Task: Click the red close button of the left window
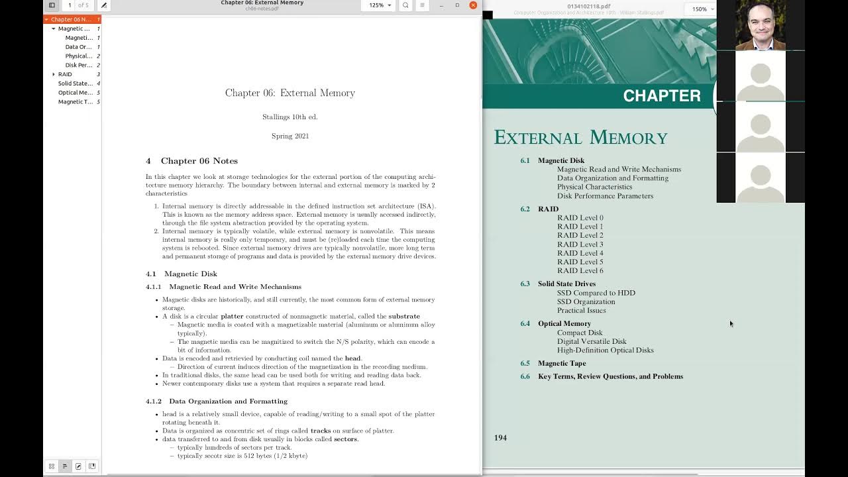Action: [473, 5]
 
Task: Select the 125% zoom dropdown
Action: [380, 5]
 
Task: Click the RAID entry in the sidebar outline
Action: [65, 74]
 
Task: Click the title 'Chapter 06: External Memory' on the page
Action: [290, 93]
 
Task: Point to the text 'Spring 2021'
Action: [290, 136]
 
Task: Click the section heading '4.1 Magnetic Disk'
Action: [182, 274]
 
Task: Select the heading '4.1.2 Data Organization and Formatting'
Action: [217, 401]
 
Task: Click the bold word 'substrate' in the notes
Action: [403, 316]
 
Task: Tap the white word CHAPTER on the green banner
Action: [661, 96]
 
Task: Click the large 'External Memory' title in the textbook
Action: [580, 138]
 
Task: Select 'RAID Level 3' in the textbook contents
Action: [580, 244]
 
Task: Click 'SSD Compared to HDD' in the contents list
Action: [596, 293]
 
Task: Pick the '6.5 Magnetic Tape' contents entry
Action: [561, 363]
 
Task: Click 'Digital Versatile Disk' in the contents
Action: [591, 341]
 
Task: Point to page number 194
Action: [500, 438]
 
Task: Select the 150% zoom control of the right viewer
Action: [702, 9]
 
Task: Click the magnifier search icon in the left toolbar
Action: [405, 5]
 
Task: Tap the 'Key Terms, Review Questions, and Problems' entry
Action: [609, 376]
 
